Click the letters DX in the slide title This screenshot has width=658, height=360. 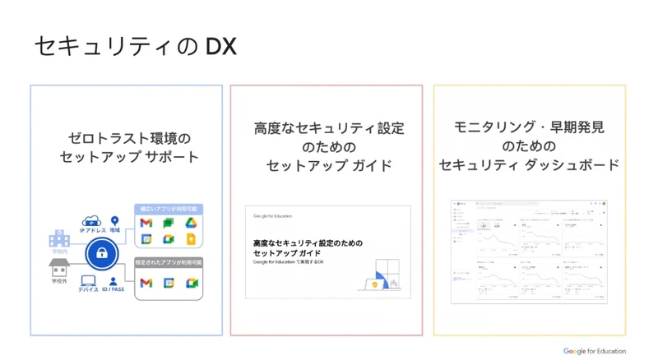point(220,47)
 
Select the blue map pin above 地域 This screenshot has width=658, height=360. point(115,221)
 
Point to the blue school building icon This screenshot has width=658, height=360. point(58,238)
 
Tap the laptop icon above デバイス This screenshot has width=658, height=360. point(88,281)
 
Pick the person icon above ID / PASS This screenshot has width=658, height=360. point(114,281)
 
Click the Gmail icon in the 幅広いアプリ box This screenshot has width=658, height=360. point(146,224)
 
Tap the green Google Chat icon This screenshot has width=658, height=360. point(169,224)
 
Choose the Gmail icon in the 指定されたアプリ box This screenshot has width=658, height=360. point(146,284)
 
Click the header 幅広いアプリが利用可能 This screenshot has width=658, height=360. point(169,209)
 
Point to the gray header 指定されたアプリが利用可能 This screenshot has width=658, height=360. point(169,262)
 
